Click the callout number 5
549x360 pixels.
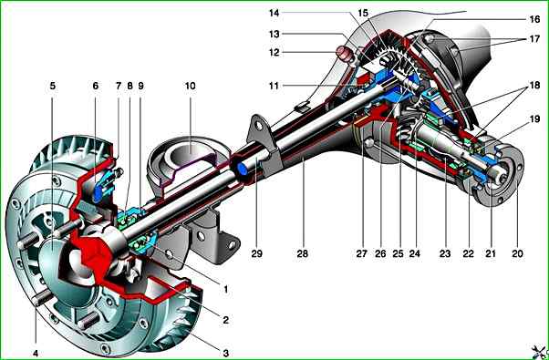[x=53, y=86]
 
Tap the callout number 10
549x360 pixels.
[x=190, y=86]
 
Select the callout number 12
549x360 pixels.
[x=274, y=53]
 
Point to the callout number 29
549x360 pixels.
[x=256, y=253]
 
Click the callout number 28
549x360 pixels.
[x=303, y=253]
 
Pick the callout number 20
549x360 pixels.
[x=517, y=253]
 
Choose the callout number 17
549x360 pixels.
[x=534, y=39]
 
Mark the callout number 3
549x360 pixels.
[x=226, y=353]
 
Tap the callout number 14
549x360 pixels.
[x=274, y=14]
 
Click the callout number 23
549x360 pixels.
[x=445, y=253]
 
